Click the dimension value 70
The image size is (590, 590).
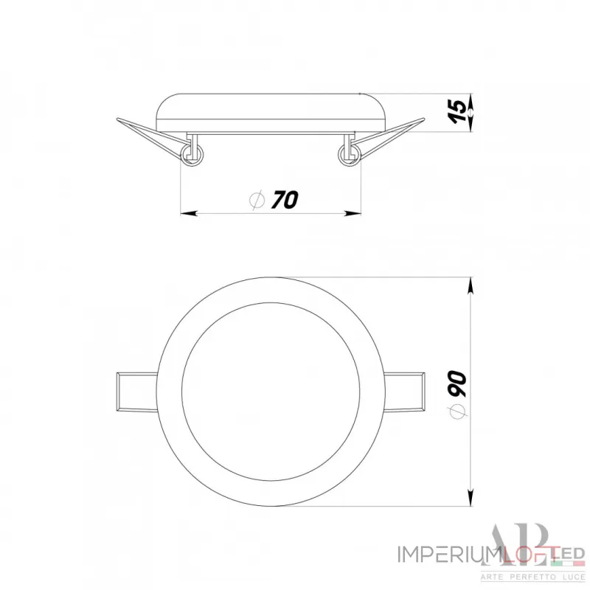[x=284, y=199]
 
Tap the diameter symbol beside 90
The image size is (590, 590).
[x=457, y=414]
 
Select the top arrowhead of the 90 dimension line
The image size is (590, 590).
[x=471, y=284]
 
